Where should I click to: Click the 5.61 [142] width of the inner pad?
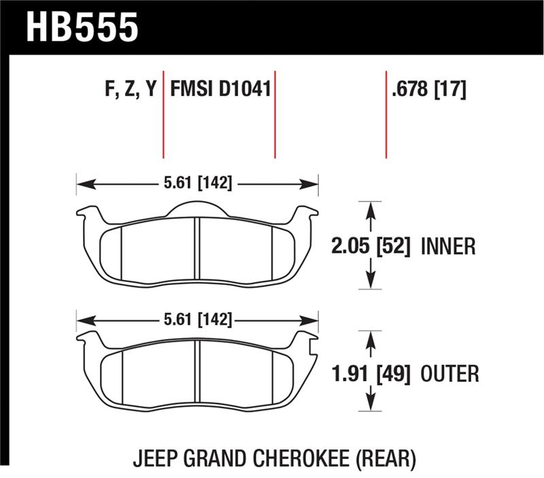coord(197,183)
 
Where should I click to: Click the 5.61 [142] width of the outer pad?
coord(197,319)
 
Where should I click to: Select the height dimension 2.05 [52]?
coord(372,246)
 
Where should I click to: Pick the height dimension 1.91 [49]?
coord(371,373)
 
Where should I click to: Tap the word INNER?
coord(448,246)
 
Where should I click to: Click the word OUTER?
coord(450,373)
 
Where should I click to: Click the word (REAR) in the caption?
coord(381,460)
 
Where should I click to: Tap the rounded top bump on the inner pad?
coord(197,208)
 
